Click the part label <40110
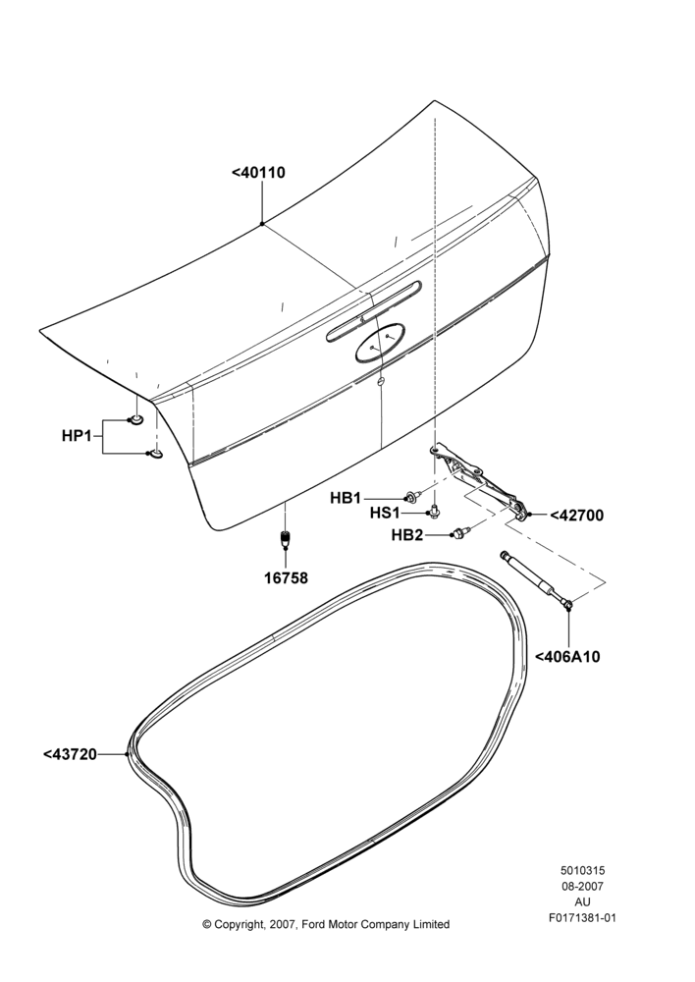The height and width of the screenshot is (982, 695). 258,172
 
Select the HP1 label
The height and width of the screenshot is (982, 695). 77,435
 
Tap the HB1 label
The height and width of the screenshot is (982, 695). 346,498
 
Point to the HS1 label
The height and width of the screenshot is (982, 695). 385,513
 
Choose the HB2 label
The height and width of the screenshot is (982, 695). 407,535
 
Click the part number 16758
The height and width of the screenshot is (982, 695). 286,578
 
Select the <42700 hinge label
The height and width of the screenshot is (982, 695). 576,516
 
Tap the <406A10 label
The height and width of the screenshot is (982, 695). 567,656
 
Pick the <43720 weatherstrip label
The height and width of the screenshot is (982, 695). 70,754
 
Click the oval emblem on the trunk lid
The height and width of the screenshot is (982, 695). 380,343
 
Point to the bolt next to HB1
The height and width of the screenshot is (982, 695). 412,497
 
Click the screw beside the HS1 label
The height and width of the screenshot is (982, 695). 434,513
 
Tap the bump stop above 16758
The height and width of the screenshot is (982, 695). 285,538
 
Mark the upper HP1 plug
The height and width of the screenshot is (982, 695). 135,418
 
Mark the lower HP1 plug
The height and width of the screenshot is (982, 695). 155,453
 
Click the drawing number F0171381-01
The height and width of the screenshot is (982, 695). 582,918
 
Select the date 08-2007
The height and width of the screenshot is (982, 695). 582,886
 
